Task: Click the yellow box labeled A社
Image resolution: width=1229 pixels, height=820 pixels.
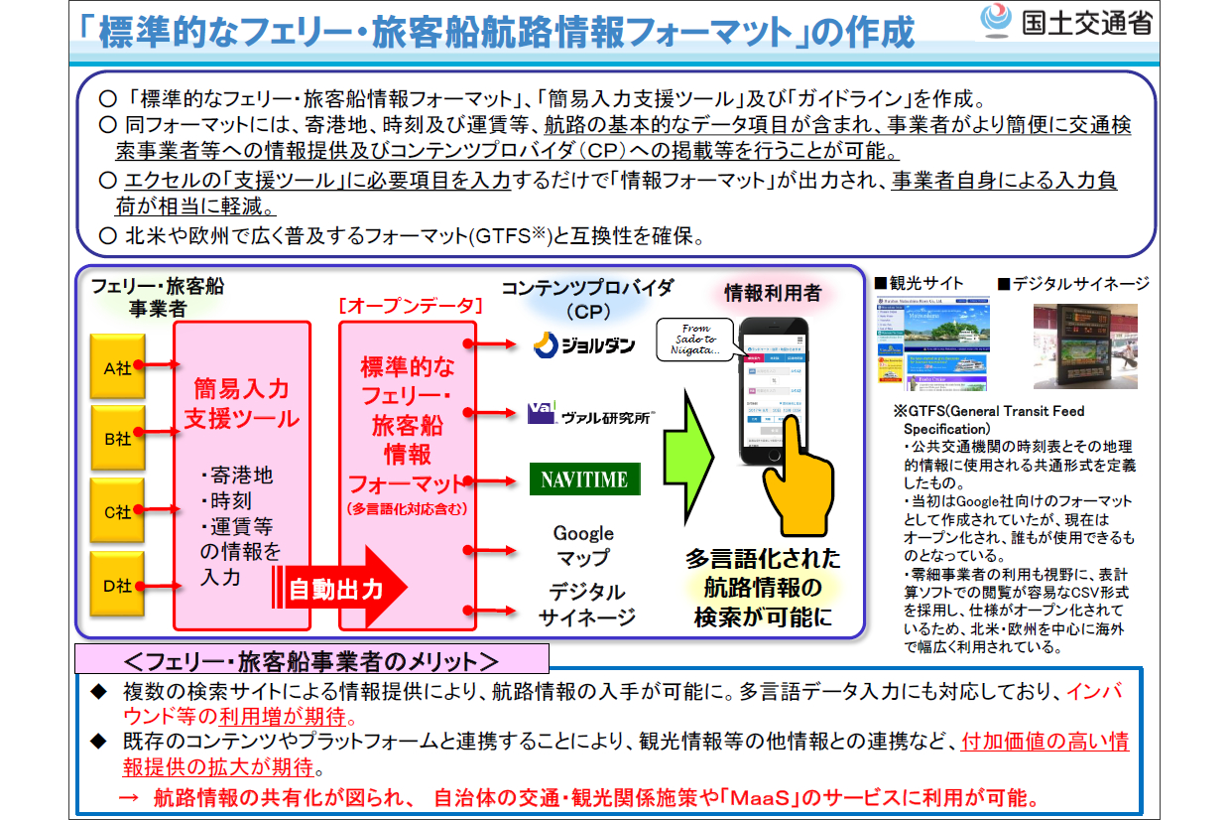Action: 118,365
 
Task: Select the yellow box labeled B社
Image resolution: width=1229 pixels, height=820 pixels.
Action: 118,438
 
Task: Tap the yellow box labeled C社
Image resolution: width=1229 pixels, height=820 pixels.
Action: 118,511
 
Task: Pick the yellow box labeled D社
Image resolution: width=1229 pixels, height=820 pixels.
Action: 118,585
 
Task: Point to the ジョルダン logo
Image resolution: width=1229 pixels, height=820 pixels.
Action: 582,344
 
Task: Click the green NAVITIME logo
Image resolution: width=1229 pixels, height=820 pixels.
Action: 584,479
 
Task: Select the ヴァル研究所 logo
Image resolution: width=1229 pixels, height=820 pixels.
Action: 591,414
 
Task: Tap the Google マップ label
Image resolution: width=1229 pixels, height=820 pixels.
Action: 583,546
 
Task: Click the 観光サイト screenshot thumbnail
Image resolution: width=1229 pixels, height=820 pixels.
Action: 932,343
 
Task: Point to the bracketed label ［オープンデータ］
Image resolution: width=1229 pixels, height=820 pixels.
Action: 410,306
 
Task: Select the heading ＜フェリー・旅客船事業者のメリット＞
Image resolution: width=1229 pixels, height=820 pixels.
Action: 311,659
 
